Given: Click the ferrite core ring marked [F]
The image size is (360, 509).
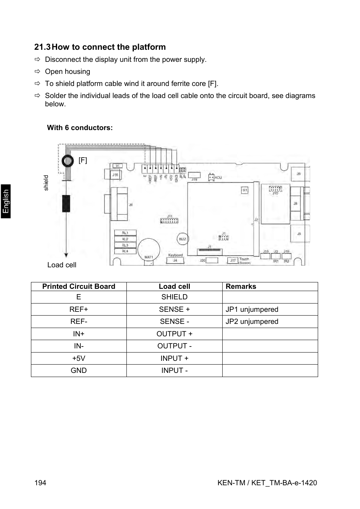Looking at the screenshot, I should click(x=68, y=161).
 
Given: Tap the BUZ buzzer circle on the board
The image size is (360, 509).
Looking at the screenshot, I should click(x=183, y=239).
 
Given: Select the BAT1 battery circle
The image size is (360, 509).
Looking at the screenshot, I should click(x=149, y=250).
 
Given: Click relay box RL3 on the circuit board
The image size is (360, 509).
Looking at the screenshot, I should click(x=125, y=245).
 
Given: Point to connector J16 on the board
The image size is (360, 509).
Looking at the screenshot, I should click(x=115, y=175).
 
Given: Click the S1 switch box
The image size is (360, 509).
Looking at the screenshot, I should click(x=245, y=190).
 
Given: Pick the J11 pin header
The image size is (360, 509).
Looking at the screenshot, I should click(x=169, y=220).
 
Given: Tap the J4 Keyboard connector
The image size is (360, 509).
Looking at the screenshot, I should click(x=175, y=260).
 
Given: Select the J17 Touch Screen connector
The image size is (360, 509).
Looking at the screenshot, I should click(x=233, y=260).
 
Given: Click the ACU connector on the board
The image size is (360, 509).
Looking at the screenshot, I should click(x=211, y=177).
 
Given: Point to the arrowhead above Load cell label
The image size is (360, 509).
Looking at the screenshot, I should click(x=66, y=254).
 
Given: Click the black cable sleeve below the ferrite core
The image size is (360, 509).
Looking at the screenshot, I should click(x=66, y=204).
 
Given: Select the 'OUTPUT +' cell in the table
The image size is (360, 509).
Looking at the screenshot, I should click(x=174, y=334).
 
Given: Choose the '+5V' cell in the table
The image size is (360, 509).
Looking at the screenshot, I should click(x=78, y=359).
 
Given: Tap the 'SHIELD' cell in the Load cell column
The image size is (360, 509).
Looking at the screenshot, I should click(x=174, y=297).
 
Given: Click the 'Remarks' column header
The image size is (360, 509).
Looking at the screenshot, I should click(x=241, y=287).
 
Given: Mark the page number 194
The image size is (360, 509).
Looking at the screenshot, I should click(x=40, y=483).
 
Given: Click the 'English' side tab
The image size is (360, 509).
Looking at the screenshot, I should click(x=6, y=201).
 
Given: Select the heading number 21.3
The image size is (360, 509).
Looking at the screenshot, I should click(x=42, y=47).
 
